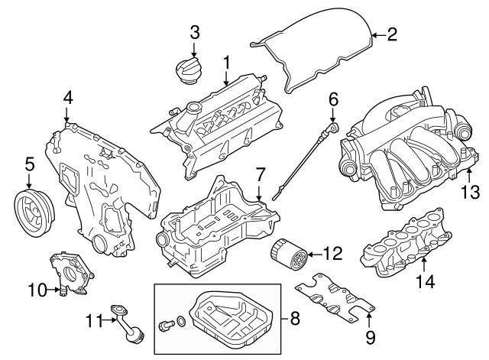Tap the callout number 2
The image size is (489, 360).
click(x=392, y=34)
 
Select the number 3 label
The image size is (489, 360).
click(x=195, y=32)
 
